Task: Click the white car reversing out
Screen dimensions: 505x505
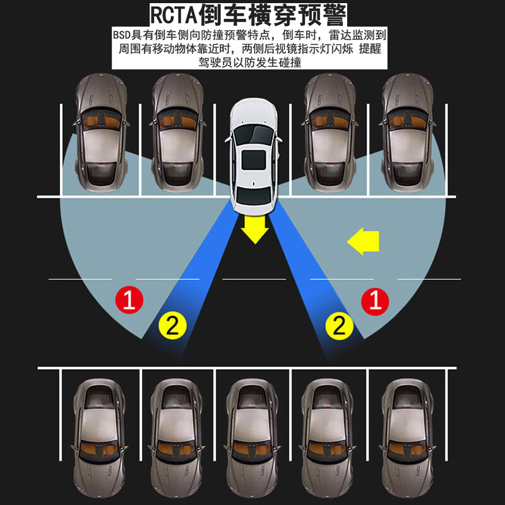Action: tap(254, 155)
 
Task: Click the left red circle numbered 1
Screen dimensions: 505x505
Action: tap(129, 300)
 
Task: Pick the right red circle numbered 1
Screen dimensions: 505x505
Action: tap(375, 300)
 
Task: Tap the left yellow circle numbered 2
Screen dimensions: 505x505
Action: tap(173, 325)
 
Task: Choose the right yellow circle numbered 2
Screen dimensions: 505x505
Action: tap(339, 325)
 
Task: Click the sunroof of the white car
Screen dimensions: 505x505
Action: tap(254, 158)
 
